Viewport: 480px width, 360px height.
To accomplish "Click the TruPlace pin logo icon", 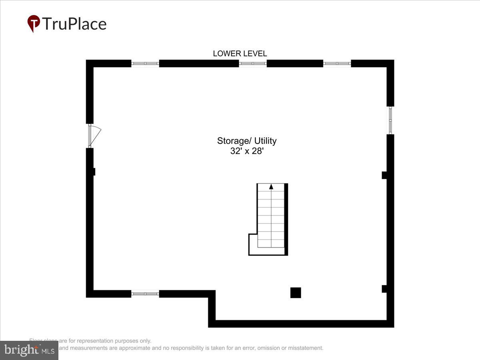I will (34, 23).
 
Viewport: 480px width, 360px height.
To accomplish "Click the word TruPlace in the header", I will (74, 24).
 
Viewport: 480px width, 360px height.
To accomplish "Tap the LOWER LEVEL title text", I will (240, 54).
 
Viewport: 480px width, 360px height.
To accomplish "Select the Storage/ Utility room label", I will (247, 141).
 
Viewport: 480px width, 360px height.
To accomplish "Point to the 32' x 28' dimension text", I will (247, 151).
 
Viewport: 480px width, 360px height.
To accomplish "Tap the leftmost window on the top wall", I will (145, 63).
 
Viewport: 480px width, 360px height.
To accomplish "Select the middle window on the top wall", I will (253, 63).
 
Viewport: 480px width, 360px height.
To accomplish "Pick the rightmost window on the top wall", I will (337, 63).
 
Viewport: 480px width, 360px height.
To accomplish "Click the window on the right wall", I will (390, 120).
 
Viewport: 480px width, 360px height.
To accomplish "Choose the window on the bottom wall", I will (145, 294).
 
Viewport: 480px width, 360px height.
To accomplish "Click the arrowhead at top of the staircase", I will (271, 186).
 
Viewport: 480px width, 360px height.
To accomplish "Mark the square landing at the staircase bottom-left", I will (253, 244).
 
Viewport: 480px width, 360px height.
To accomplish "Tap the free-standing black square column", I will (296, 293).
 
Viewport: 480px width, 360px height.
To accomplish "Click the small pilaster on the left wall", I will (94, 172).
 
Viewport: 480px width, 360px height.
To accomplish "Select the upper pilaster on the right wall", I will (384, 175).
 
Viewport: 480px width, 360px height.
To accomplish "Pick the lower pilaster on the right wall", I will (384, 288).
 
